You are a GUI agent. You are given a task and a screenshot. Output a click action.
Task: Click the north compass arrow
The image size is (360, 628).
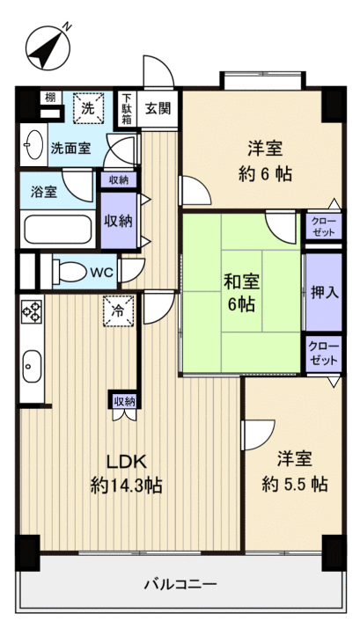pyautogui.click(x=50, y=46)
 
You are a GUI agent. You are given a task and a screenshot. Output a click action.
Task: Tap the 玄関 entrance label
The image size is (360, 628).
pyautogui.click(x=158, y=109)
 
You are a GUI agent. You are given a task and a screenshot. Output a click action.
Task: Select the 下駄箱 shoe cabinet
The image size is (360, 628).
pyautogui.click(x=128, y=109)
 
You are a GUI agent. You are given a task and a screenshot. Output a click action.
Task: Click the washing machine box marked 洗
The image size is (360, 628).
pyautogui.click(x=88, y=109)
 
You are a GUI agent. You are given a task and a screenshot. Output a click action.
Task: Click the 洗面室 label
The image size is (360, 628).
pyautogui.click(x=70, y=149)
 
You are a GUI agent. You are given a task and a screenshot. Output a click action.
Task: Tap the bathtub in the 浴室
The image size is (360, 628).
pyautogui.click(x=55, y=230)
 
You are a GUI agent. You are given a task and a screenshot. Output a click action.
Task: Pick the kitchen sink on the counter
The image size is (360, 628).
pyautogui.click(x=33, y=363)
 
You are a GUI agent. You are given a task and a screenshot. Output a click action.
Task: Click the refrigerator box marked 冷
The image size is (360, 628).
pyautogui.click(x=118, y=310)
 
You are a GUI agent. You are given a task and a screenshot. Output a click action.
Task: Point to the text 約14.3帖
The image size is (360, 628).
pyautogui.click(x=125, y=485)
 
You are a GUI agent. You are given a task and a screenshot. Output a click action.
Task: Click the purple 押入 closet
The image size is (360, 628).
pyautogui.click(x=323, y=291)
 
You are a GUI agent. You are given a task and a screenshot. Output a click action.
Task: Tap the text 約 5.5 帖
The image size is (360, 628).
pyautogui.click(x=295, y=483)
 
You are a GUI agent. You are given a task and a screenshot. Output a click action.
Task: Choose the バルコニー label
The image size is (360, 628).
pyautogui.click(x=180, y=583)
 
